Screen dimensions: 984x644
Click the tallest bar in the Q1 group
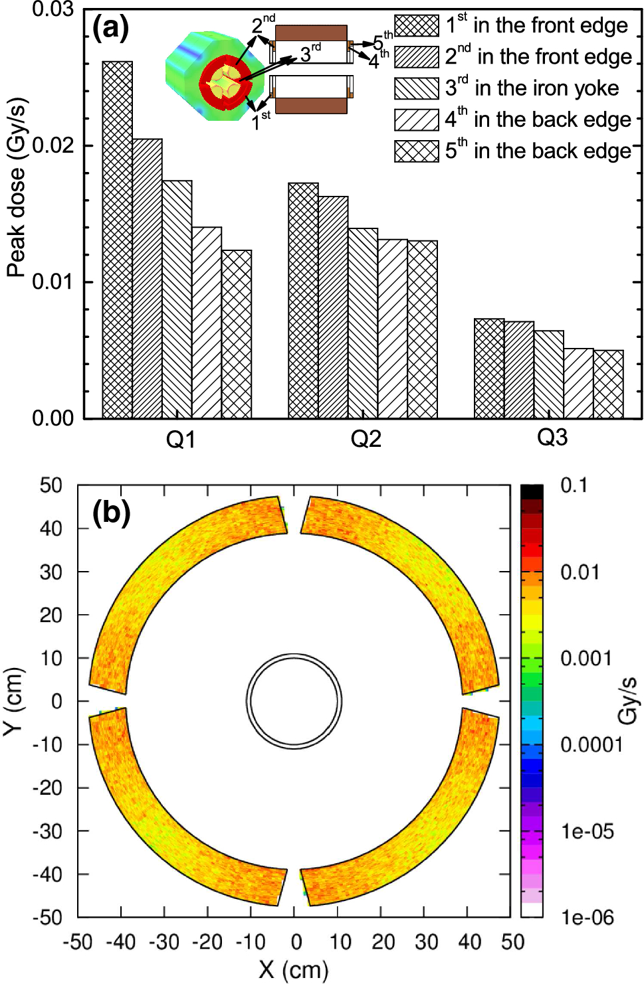(x=117, y=239)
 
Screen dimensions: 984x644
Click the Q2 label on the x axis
(x=366, y=439)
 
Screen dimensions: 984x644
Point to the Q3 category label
(x=552, y=438)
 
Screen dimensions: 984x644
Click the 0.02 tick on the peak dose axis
(x=53, y=145)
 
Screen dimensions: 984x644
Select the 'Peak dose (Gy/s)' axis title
(x=16, y=188)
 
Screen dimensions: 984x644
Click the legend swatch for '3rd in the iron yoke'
(x=417, y=88)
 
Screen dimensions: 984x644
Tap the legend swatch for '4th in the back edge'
(x=417, y=120)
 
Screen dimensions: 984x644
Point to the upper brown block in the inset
(x=311, y=33)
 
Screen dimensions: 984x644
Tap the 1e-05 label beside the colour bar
(x=588, y=831)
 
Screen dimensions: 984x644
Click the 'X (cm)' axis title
(x=294, y=969)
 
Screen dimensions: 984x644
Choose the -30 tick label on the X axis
(x=163, y=942)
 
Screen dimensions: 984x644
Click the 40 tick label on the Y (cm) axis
(x=51, y=529)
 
